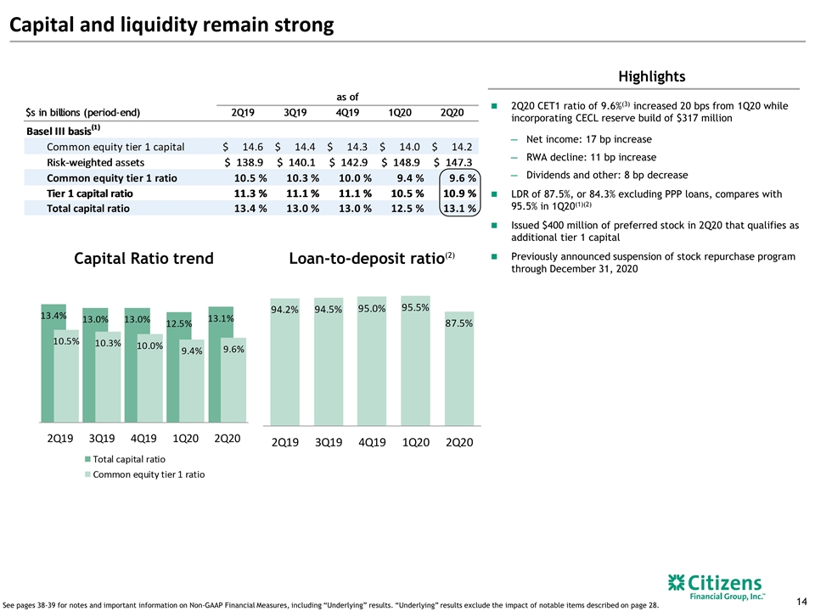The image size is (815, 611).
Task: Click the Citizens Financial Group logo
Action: [x=717, y=586]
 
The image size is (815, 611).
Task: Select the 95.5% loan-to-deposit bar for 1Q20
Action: [x=415, y=361]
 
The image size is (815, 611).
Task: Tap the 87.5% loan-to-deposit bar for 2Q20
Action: [x=459, y=368]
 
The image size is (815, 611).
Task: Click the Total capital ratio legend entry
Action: [x=126, y=459]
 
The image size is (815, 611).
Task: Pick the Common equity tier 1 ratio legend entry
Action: [x=145, y=474]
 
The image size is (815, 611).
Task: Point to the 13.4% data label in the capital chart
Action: [x=53, y=316]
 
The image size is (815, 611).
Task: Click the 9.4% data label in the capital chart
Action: [x=192, y=351]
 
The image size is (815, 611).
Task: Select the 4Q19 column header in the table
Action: [x=347, y=112]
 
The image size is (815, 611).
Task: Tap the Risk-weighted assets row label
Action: [x=96, y=163]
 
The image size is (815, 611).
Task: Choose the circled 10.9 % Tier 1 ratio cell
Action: [x=459, y=193]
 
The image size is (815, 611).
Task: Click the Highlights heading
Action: [x=652, y=76]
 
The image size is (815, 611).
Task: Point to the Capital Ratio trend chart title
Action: [x=144, y=258]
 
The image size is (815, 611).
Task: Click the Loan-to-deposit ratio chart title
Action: [x=372, y=258]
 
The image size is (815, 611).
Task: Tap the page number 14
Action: [x=801, y=601]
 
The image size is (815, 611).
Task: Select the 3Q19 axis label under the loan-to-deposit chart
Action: [x=329, y=442]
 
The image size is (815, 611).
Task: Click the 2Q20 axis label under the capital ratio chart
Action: [x=228, y=439]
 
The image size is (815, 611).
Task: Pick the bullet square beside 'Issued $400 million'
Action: [x=494, y=226]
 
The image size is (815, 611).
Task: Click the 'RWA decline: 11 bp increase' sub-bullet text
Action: [x=591, y=158]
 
